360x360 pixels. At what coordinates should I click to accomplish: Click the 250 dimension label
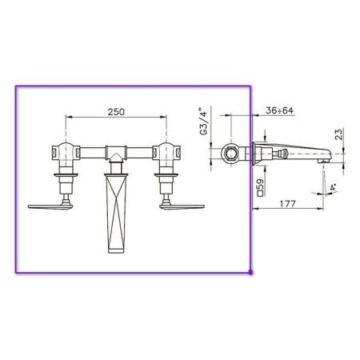[116, 112]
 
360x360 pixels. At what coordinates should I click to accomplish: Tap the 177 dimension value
[288, 204]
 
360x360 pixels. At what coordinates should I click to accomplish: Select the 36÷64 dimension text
[279, 110]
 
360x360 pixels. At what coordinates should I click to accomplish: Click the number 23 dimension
[338, 134]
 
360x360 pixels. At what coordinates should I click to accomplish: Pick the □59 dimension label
[260, 187]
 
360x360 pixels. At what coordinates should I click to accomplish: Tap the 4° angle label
[334, 187]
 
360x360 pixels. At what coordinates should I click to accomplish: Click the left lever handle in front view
[50, 206]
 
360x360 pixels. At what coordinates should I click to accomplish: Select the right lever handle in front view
[182, 206]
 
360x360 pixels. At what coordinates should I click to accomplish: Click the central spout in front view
[116, 213]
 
